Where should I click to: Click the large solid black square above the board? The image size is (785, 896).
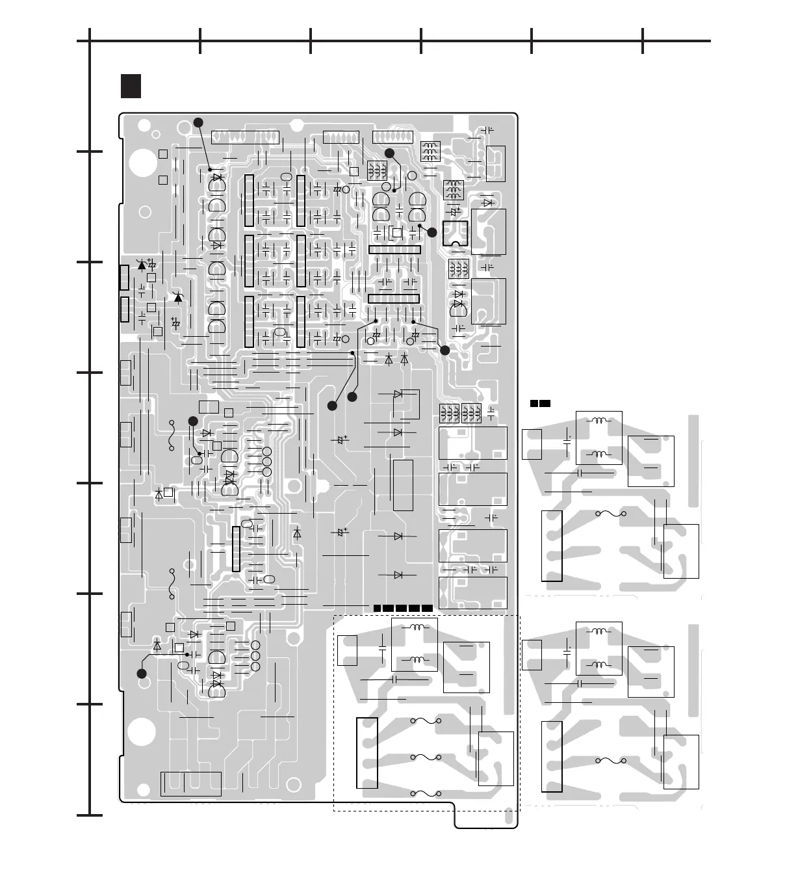point(131,86)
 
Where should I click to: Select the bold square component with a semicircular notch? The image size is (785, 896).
point(455,233)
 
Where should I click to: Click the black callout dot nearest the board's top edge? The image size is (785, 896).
point(199,122)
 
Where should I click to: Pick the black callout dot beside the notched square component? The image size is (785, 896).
point(432,232)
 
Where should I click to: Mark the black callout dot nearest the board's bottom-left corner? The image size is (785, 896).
point(142,674)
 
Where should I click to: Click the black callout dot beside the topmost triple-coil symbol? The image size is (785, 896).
point(389,153)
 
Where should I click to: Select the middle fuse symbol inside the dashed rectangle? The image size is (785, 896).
point(426,758)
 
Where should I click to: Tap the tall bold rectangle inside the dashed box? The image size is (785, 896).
point(367,752)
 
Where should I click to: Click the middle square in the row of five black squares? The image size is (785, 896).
point(402,608)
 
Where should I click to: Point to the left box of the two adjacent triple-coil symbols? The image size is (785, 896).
point(449,412)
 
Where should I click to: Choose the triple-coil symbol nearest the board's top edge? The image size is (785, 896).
point(430,151)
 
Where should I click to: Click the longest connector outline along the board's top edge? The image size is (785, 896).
point(246,137)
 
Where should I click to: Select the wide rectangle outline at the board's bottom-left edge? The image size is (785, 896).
point(190,784)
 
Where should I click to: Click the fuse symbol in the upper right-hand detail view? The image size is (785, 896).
point(611,514)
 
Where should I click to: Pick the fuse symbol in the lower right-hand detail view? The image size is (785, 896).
point(611,759)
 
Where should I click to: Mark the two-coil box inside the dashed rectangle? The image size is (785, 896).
point(415,644)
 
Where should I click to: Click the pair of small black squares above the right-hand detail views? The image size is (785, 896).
point(540,404)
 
